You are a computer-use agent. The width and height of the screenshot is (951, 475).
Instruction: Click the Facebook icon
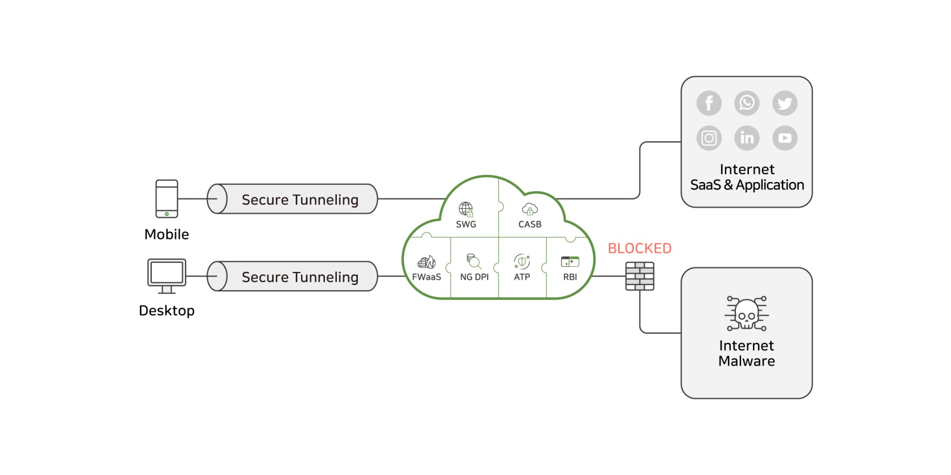coord(709,103)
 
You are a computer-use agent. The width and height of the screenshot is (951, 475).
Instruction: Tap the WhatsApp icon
coord(747,103)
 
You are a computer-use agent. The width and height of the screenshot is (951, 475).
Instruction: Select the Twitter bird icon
coord(785,103)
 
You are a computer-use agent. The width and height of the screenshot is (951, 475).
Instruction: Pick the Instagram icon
coord(709,138)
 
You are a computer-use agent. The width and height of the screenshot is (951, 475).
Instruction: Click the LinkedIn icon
coord(747,138)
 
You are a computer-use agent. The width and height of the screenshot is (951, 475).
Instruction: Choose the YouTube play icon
coord(785,138)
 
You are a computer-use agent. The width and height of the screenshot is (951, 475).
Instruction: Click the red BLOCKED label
coord(640,248)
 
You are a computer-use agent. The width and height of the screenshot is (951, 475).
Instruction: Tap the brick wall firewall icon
coord(640,276)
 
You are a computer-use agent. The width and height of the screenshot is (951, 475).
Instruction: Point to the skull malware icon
coord(747,313)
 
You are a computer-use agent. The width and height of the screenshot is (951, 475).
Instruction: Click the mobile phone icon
coord(167,198)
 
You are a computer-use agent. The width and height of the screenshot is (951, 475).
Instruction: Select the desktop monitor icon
coord(167,276)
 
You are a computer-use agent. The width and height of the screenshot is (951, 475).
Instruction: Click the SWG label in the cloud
coord(466,224)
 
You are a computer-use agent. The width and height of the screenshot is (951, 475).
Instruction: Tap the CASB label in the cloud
coord(530,224)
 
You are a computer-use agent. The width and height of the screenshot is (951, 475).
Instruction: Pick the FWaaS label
coord(426,277)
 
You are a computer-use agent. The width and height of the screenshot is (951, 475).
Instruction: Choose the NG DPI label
coord(474,277)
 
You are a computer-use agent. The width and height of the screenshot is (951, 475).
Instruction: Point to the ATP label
coord(522,277)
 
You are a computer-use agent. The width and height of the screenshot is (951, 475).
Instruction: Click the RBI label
coord(570,277)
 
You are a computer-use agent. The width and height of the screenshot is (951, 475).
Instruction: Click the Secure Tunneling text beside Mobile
coord(300,200)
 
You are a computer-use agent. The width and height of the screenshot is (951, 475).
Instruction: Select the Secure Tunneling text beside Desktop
coord(300,277)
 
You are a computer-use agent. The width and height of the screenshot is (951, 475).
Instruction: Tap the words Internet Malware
coord(747,353)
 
